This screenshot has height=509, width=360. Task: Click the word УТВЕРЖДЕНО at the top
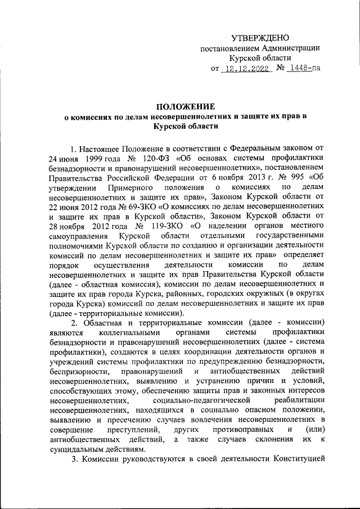click(x=260, y=38)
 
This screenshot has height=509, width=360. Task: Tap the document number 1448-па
click(x=303, y=69)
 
